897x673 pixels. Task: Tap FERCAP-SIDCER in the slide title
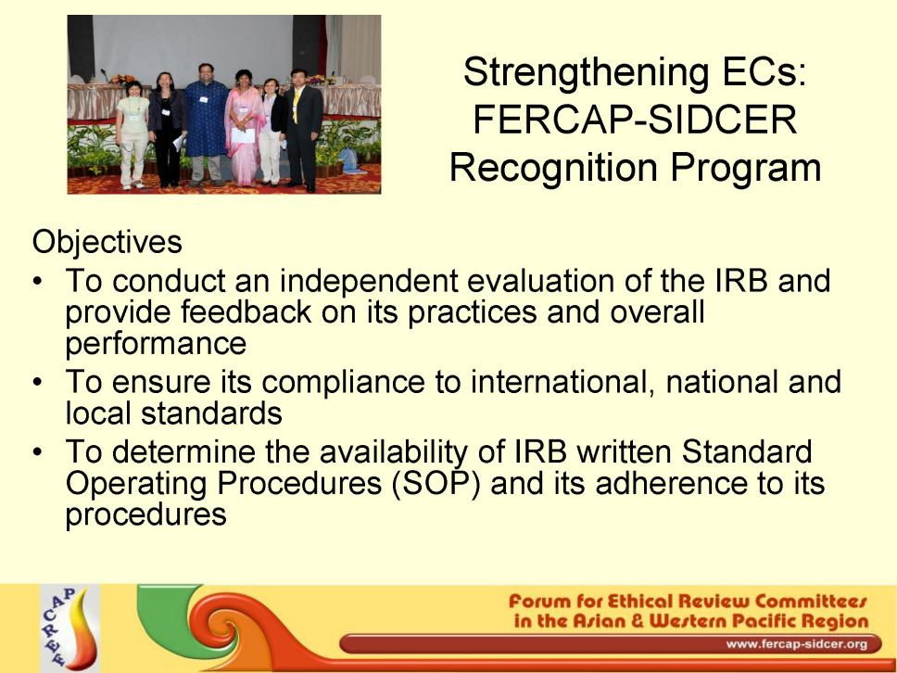(635, 120)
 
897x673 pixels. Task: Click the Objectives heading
(107, 243)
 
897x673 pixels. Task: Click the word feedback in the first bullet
(246, 311)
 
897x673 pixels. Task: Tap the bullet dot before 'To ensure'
(38, 382)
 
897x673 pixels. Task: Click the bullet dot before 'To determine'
(38, 452)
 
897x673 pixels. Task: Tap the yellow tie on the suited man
(297, 105)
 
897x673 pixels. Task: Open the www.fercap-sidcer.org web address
(796, 644)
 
